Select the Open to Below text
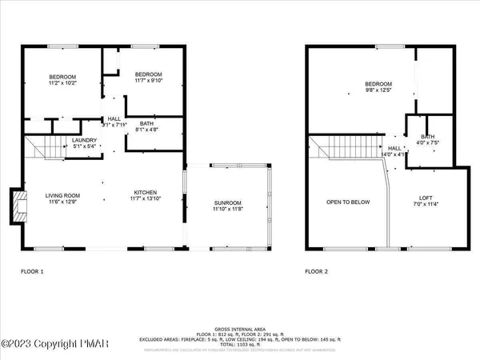[x=348, y=202]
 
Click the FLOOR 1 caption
[x=32, y=272]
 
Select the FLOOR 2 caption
[x=318, y=272]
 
